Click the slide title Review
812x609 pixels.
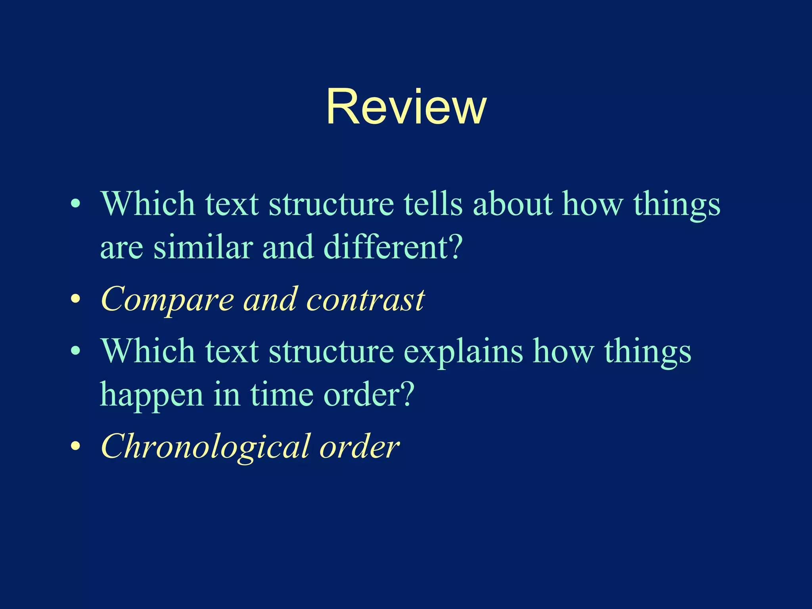(x=406, y=107)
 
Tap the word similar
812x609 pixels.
(x=203, y=247)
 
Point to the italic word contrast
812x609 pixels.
(x=365, y=300)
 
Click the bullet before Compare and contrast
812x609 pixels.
(x=75, y=299)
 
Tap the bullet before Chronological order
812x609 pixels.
(x=75, y=446)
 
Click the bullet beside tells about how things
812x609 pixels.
(x=75, y=204)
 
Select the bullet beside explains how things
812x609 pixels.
(x=75, y=351)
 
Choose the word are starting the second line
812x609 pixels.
(x=121, y=248)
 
